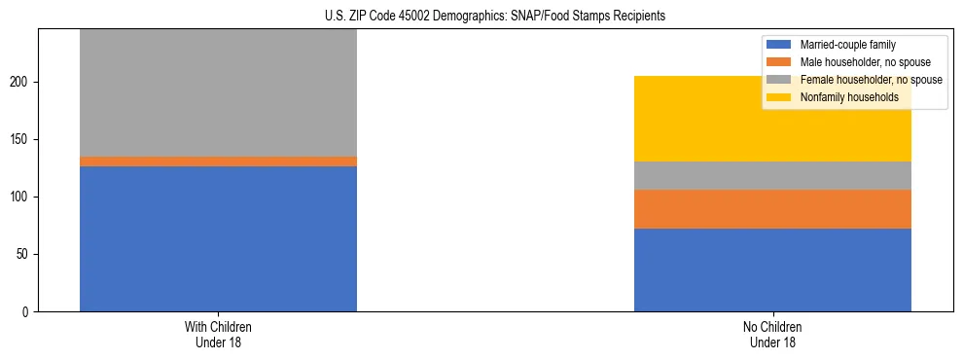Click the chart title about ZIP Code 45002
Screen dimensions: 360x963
[495, 17]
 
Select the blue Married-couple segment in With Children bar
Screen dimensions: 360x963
[218, 238]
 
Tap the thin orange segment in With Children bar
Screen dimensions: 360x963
[218, 162]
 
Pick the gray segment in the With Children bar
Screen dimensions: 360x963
[218, 92]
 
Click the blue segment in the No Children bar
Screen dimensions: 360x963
[772, 270]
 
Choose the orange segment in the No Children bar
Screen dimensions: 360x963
[772, 209]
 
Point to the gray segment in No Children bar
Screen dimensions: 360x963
[772, 175]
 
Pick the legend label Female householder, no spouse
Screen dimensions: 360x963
[871, 80]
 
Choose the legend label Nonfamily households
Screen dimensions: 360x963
[842, 97]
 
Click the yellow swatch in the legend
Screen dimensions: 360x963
[779, 97]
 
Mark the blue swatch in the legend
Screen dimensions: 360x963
[779, 45]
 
